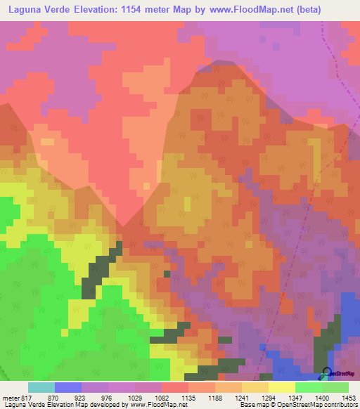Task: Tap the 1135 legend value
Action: tap(238, 397)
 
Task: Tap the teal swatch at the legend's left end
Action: tap(41, 387)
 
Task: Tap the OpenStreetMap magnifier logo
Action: tap(326, 373)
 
